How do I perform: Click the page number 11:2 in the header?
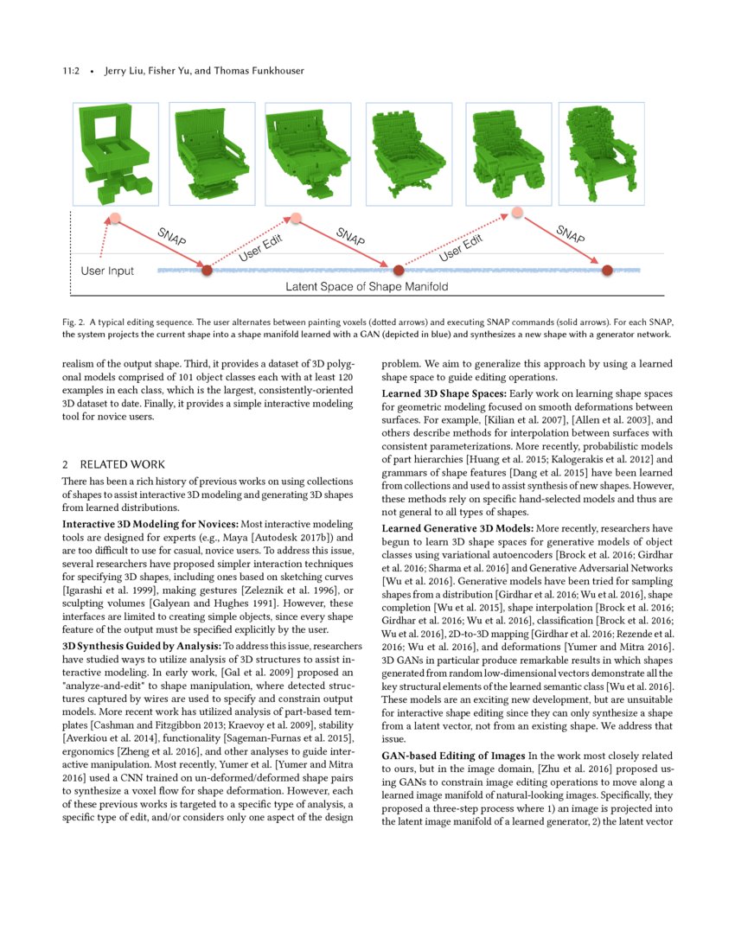[73, 71]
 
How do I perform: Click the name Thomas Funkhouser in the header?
[266, 71]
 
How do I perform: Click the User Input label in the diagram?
[107, 271]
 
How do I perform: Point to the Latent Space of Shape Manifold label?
[367, 286]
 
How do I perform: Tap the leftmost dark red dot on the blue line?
[206, 270]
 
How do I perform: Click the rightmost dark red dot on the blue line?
[607, 270]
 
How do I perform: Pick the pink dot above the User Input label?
[114, 220]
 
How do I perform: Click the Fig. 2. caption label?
[75, 322]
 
